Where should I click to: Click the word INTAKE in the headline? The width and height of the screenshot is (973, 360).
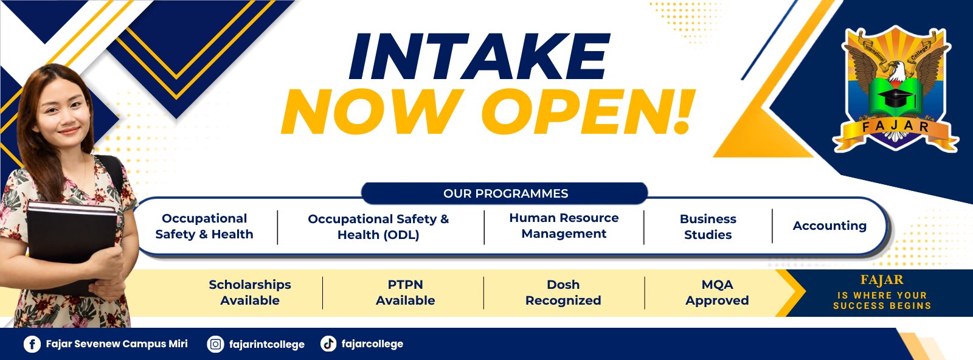point(480,57)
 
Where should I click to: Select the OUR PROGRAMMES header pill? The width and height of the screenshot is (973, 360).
point(505,193)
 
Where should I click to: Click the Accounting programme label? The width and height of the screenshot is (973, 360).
point(829,226)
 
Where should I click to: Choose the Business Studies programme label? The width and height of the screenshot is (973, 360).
point(708,227)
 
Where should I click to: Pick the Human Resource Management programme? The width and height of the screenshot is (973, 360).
point(564,226)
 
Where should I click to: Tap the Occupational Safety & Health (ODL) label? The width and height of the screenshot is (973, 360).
point(378,227)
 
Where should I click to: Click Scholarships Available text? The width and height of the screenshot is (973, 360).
point(250,292)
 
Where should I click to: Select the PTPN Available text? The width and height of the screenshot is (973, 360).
point(405,292)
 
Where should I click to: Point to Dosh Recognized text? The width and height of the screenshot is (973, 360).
point(563,292)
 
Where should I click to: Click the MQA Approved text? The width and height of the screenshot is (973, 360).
point(717,292)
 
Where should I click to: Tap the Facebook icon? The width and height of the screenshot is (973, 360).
point(32,344)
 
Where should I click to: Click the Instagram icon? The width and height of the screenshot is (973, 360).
point(215,344)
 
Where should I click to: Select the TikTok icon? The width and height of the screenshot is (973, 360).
point(328,344)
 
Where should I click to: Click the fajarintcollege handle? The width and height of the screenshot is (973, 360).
point(267,344)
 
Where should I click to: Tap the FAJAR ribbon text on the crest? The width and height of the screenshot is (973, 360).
point(895,127)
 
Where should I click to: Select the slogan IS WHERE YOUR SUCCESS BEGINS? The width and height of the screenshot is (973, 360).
point(882,300)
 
